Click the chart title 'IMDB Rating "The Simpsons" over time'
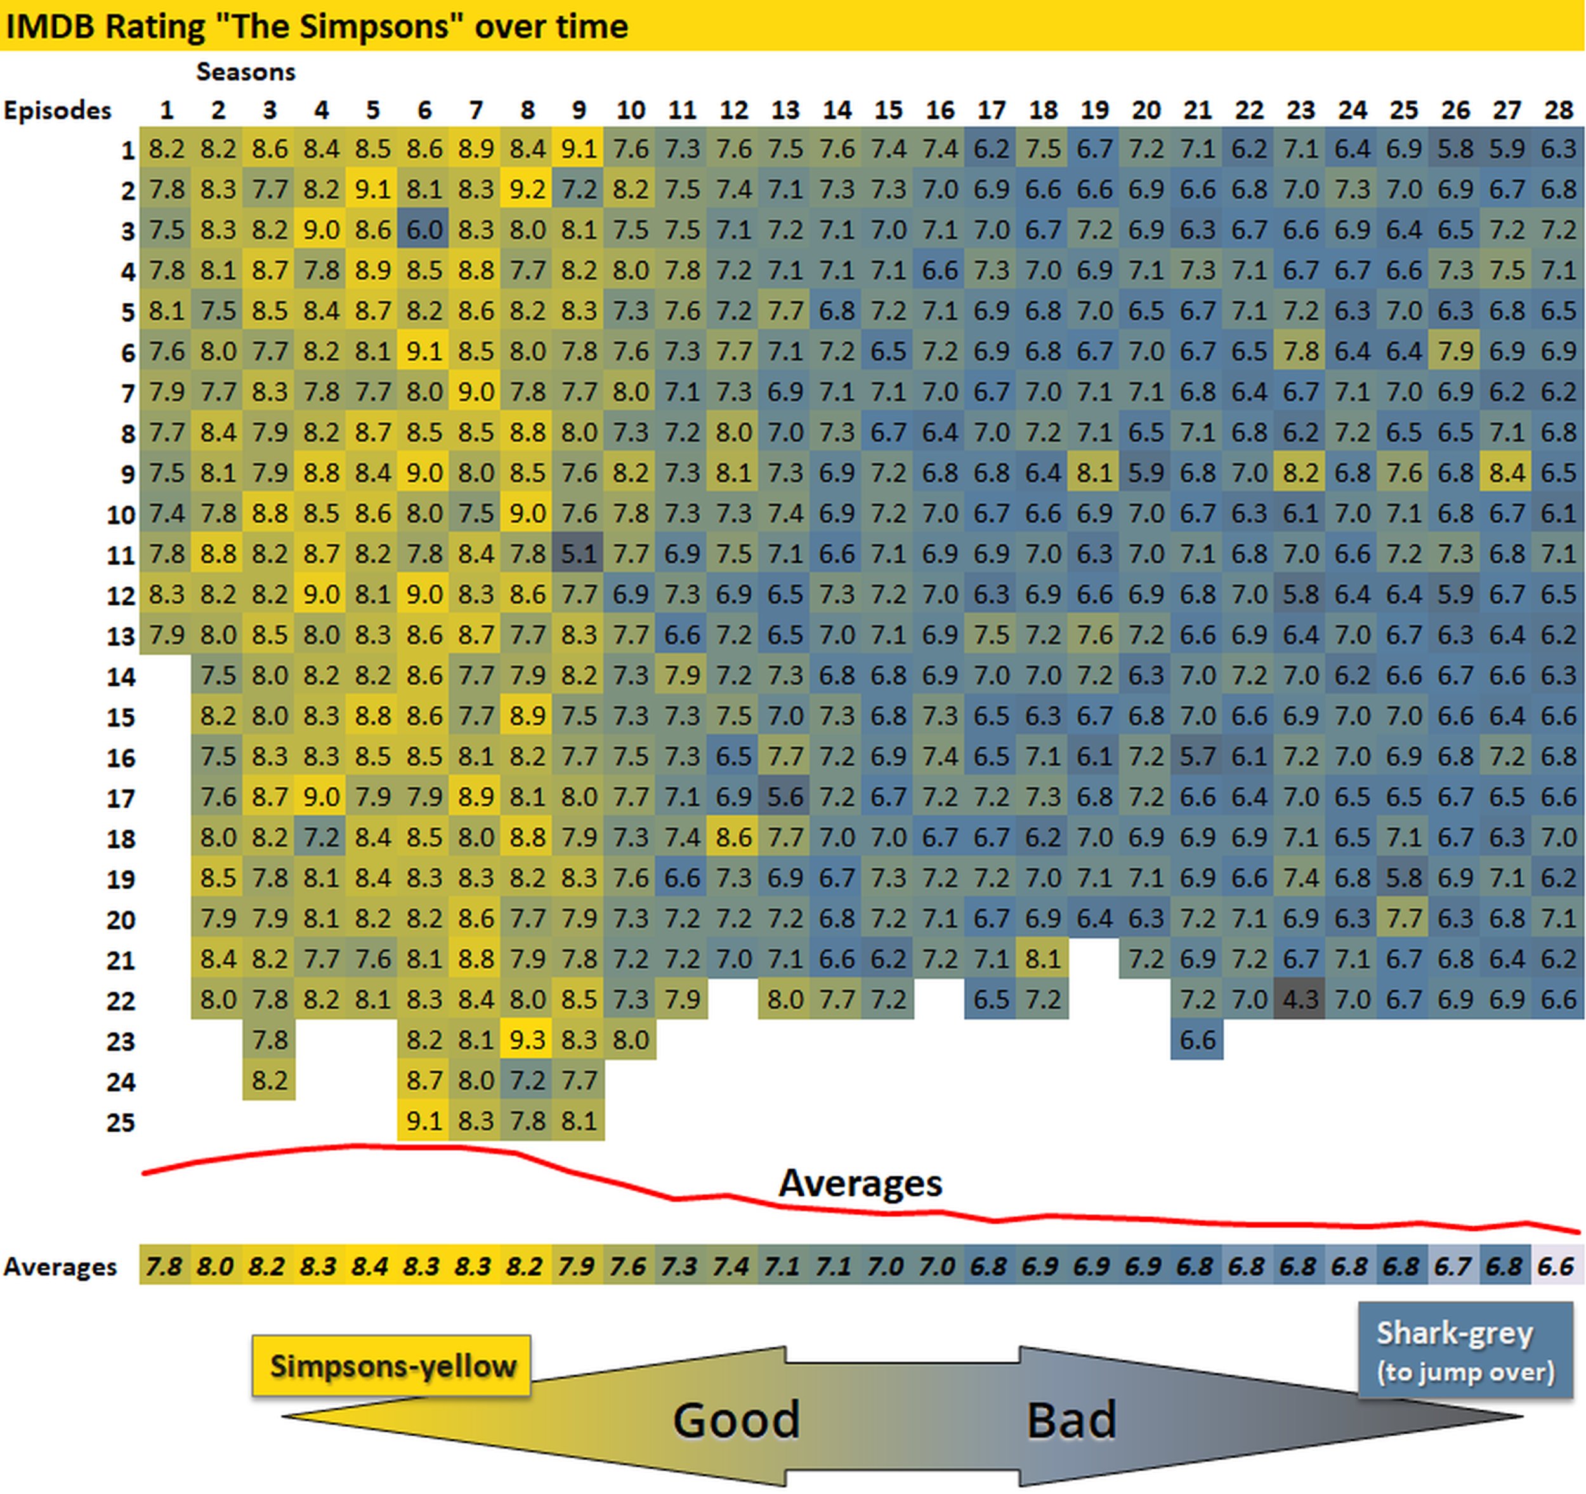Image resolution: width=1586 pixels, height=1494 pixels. pyautogui.click(x=316, y=26)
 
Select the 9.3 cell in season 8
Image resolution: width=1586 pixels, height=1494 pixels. pyautogui.click(x=527, y=1040)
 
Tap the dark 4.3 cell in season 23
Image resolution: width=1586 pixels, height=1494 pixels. pyautogui.click(x=1301, y=999)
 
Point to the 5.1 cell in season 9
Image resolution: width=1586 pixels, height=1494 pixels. pyautogui.click(x=579, y=554)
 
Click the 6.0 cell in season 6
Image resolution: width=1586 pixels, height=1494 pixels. pyautogui.click(x=424, y=230)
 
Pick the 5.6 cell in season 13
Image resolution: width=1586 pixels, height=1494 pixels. pyautogui.click(x=785, y=797)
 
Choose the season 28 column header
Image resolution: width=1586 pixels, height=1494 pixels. pyautogui.click(x=1558, y=110)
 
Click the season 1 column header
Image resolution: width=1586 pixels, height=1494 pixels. pyautogui.click(x=166, y=110)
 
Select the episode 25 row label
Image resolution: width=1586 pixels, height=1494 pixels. pyautogui.click(x=121, y=1122)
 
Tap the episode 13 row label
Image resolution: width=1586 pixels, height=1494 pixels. pyautogui.click(x=121, y=636)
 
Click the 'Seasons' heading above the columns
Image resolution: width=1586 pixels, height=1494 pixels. pyautogui.click(x=246, y=72)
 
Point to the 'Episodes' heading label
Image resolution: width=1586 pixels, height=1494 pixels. pyautogui.click(x=58, y=110)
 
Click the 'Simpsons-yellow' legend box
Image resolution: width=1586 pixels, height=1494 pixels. pyautogui.click(x=391, y=1366)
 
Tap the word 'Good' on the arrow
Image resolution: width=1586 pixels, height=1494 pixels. pyautogui.click(x=735, y=1420)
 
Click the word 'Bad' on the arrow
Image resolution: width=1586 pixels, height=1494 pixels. pyautogui.click(x=1071, y=1420)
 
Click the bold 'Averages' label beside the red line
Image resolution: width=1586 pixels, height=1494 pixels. pyautogui.click(x=860, y=1183)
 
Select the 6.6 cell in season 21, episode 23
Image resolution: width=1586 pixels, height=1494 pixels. pyautogui.click(x=1196, y=1040)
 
